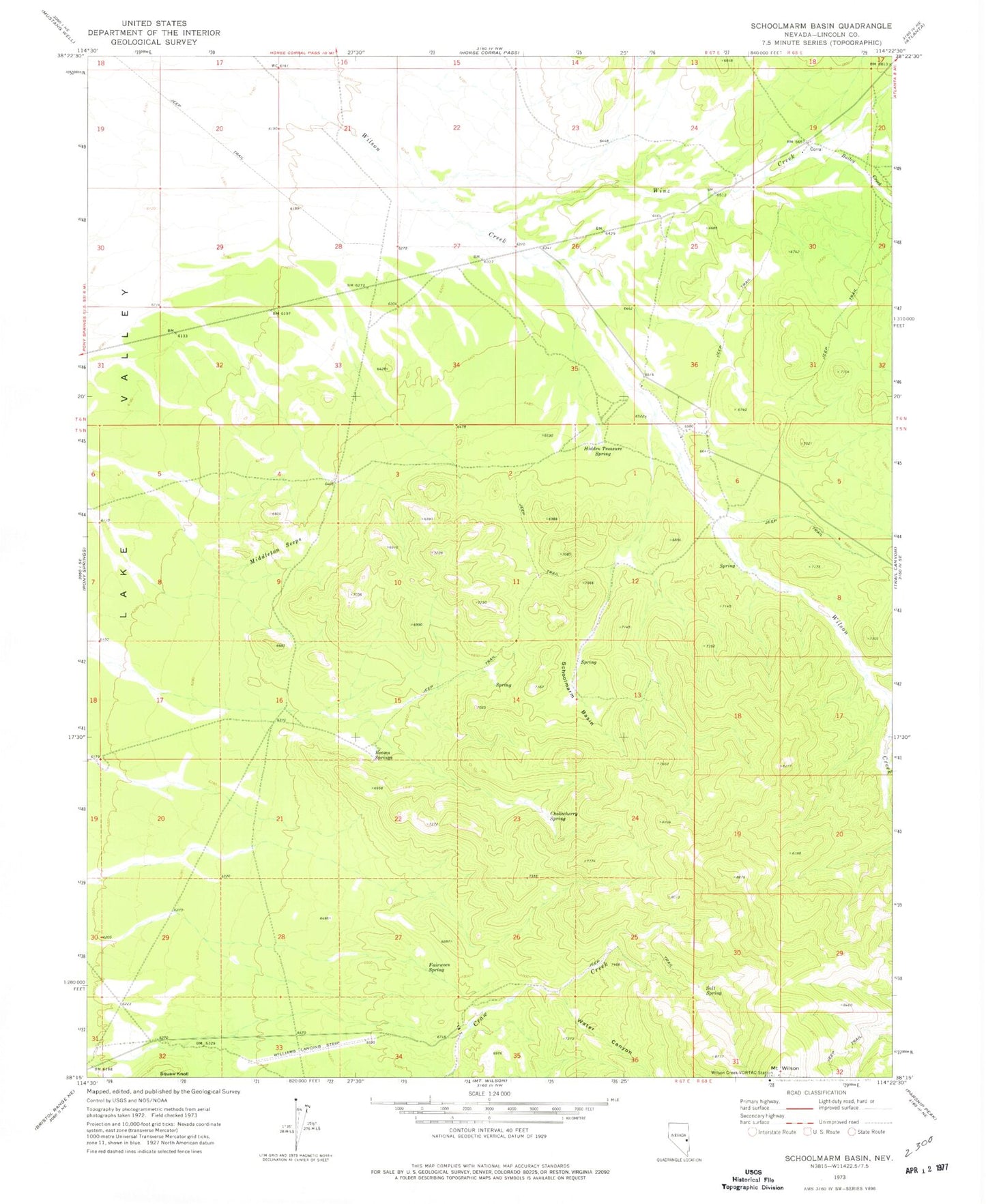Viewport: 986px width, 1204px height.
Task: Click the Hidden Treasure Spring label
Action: coord(603,451)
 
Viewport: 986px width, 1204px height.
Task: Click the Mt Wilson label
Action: coord(785,1068)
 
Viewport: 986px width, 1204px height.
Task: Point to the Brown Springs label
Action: coord(383,755)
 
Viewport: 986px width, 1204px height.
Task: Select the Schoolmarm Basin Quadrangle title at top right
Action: coord(821,26)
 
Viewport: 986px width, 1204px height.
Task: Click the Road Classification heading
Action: coord(817,1092)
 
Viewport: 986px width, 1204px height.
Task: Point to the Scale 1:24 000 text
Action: coord(489,1093)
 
